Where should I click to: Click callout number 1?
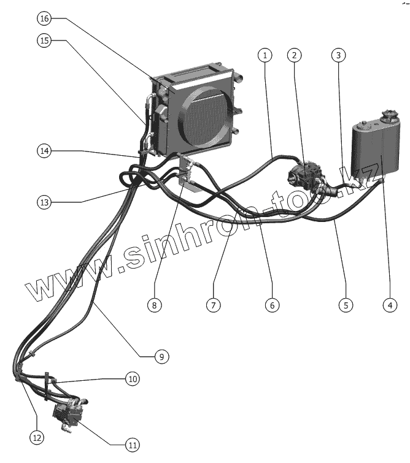[265, 55]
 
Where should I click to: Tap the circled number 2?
[295, 55]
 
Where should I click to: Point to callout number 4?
[388, 304]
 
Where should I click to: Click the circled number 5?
[346, 304]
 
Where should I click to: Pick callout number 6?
[272, 304]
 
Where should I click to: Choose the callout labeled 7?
[214, 304]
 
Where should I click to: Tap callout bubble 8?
[155, 304]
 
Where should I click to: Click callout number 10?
[133, 378]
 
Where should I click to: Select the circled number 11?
[132, 445]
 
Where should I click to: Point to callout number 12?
[36, 437]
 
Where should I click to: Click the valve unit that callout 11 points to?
[69, 413]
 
